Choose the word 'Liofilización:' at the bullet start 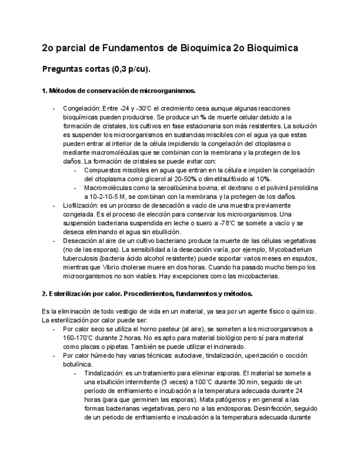[82, 206]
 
